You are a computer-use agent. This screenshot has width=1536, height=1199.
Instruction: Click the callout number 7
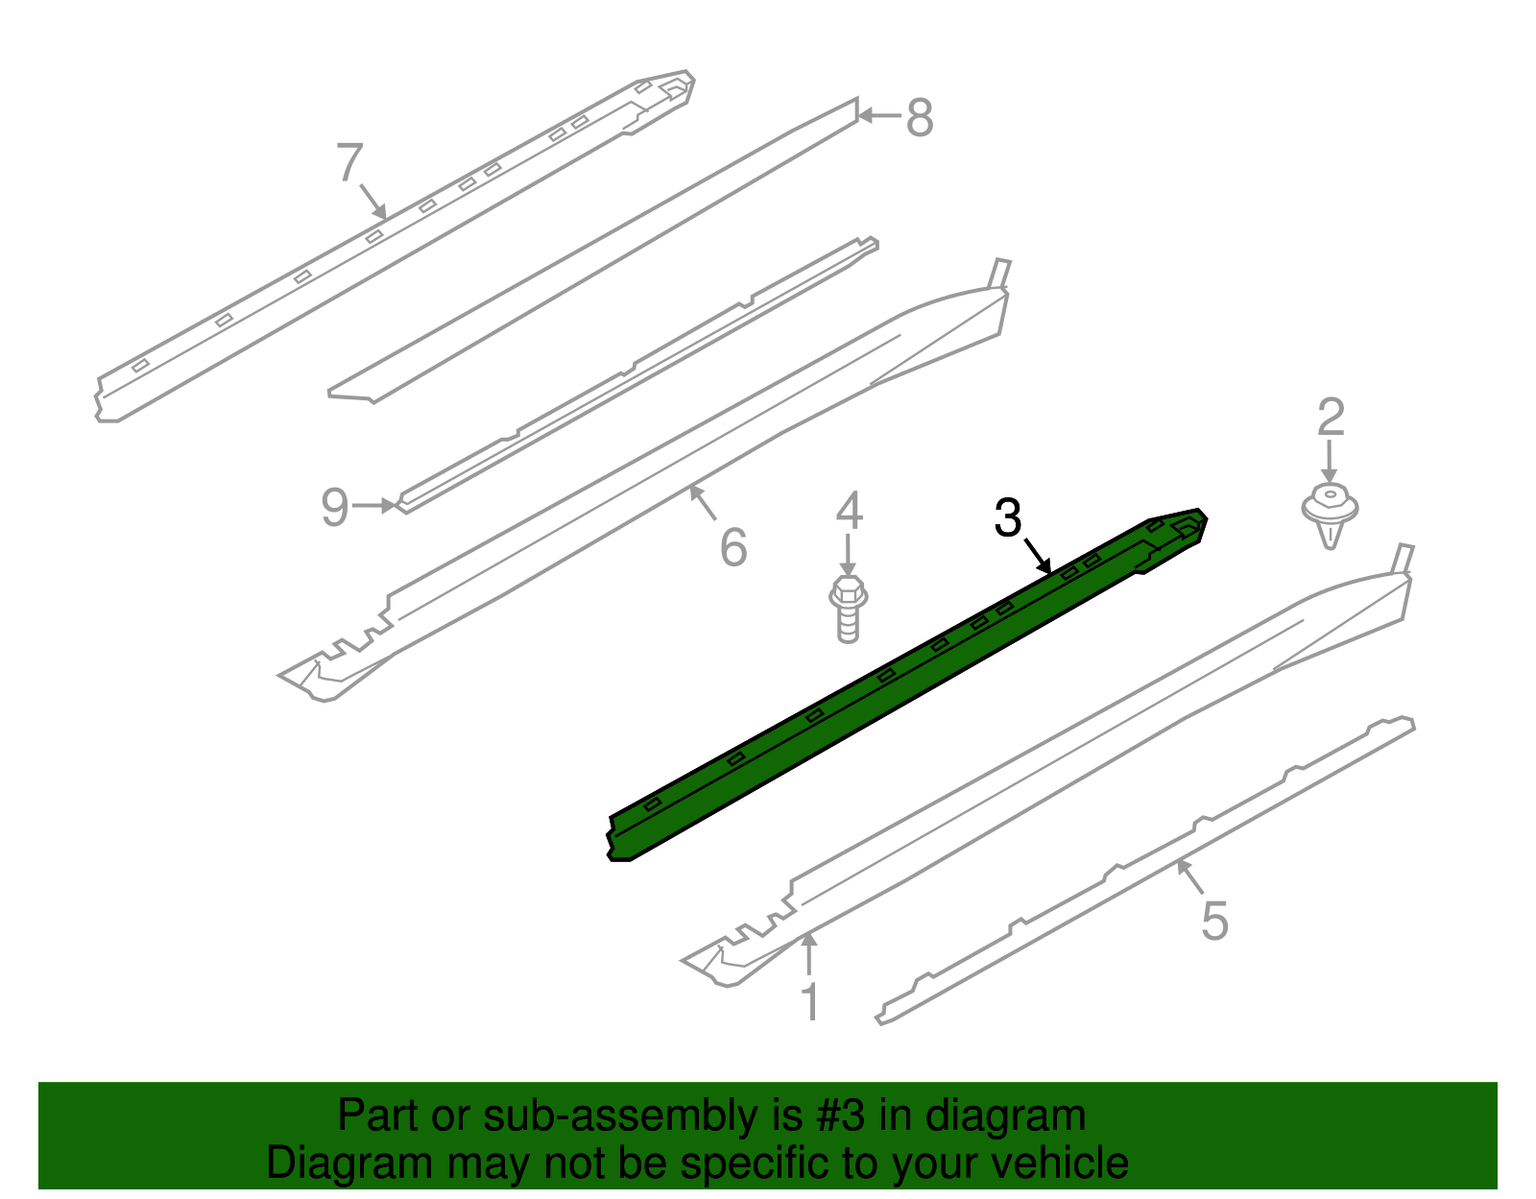point(349,162)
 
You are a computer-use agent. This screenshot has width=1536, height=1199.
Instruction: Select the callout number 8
point(920,117)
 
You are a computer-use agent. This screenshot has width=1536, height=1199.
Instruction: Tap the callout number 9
point(335,507)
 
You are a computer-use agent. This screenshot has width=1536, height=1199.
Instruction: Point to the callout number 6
point(733,547)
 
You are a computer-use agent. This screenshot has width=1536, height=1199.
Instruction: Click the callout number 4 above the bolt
point(850,511)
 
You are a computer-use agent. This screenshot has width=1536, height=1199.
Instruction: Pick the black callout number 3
point(1008,517)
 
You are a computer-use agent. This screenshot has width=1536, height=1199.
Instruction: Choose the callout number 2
point(1331,417)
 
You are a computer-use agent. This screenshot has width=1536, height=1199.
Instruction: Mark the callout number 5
point(1215,920)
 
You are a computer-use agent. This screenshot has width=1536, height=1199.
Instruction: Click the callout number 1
point(811,1001)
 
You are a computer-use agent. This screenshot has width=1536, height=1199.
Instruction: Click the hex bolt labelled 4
point(849,609)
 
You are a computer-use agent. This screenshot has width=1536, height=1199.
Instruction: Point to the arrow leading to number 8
point(879,116)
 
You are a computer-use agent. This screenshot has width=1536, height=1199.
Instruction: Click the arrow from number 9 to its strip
point(374,505)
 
